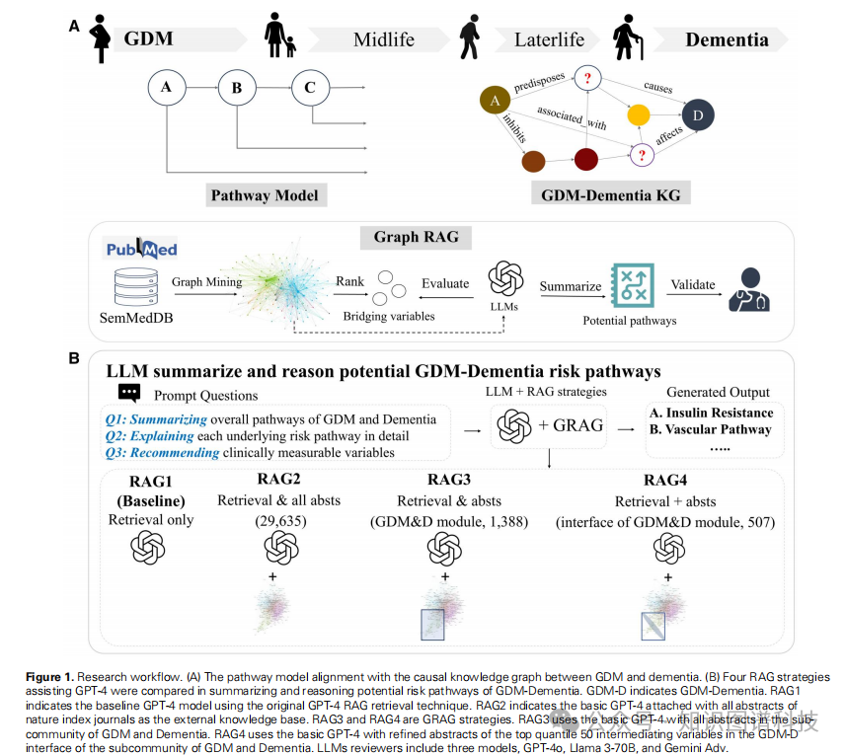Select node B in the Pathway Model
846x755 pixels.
pos(236,88)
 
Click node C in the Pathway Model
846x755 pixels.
pos(310,88)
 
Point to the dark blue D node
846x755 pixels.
pos(698,115)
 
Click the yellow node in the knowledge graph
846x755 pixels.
pos(639,115)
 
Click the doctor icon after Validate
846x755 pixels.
pos(749,290)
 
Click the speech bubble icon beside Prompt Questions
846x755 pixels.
pos(127,394)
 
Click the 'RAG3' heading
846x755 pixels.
pos(445,481)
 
